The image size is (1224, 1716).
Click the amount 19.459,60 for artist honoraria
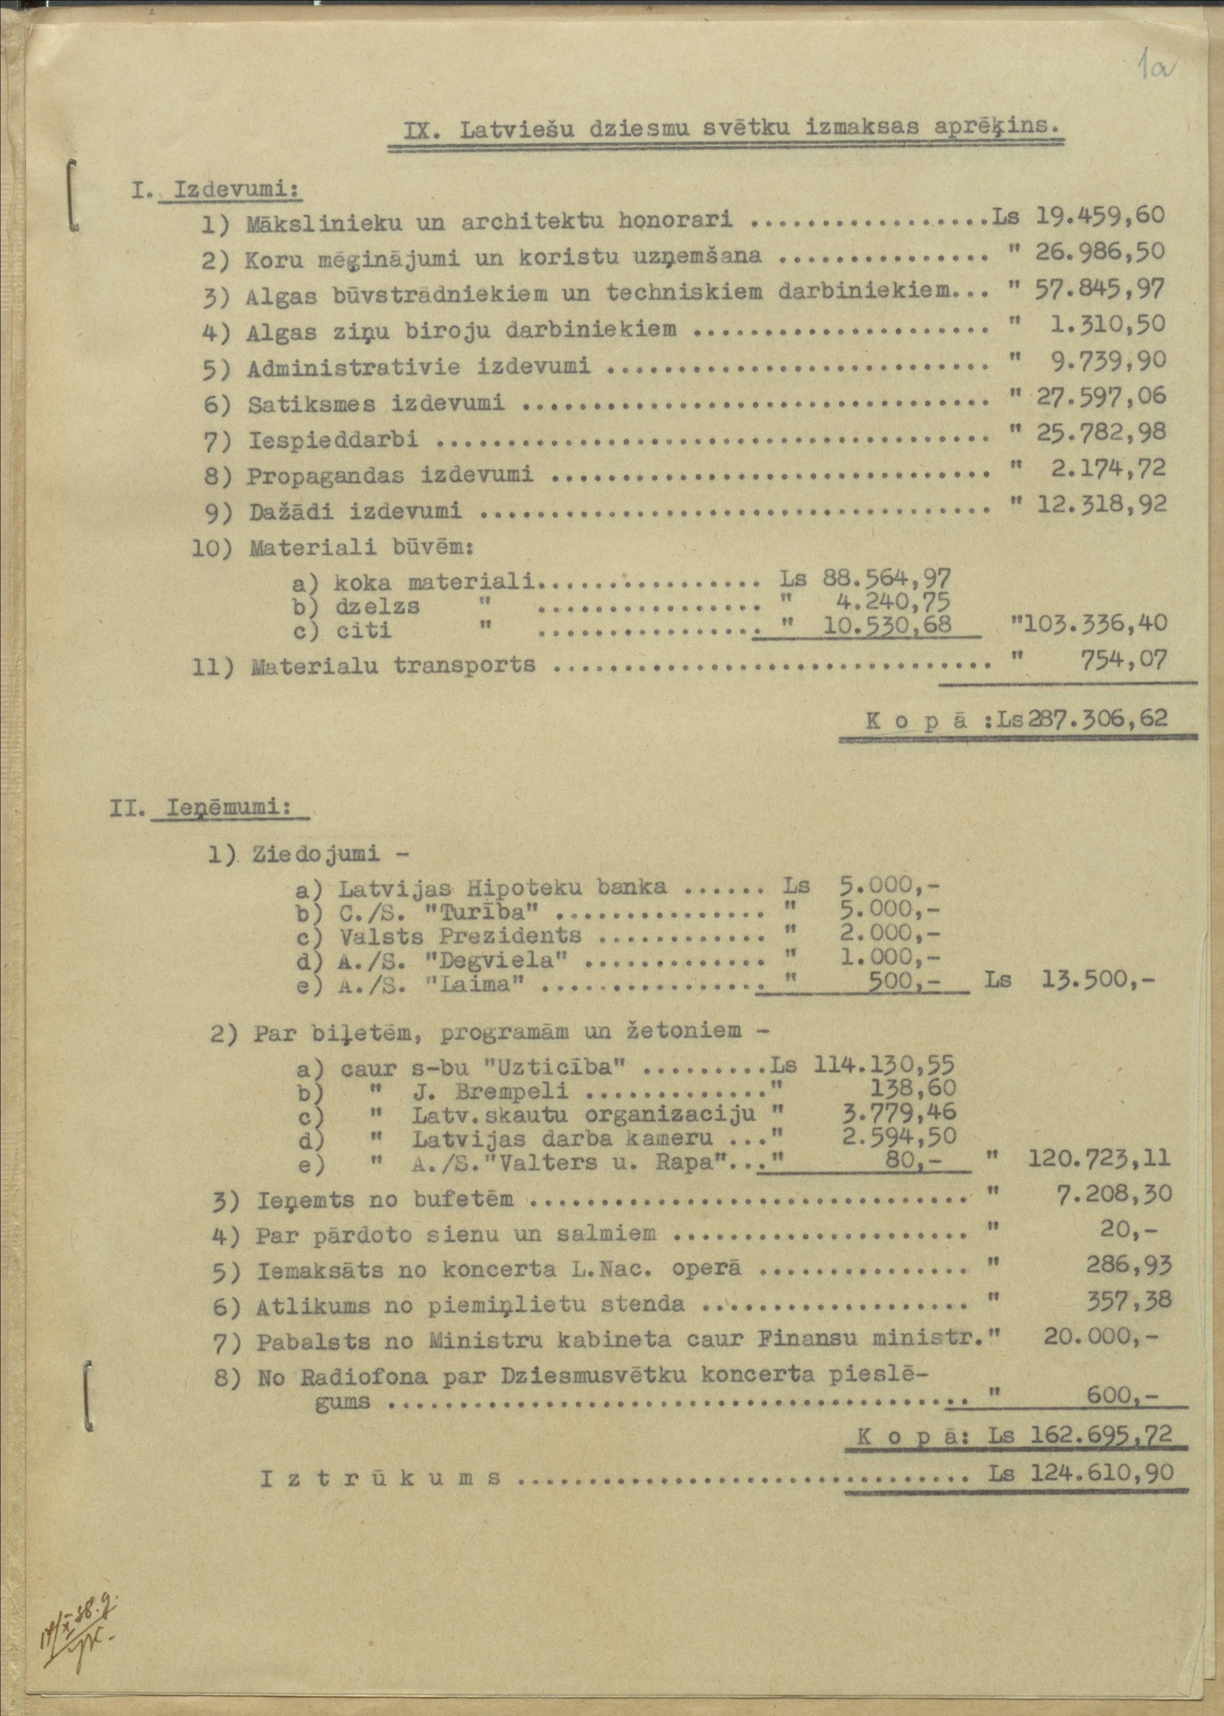pyautogui.click(x=1100, y=216)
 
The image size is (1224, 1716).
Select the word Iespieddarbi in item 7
pyautogui.click(x=333, y=440)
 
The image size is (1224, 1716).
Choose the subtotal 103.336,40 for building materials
pyautogui.click(x=1092, y=623)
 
